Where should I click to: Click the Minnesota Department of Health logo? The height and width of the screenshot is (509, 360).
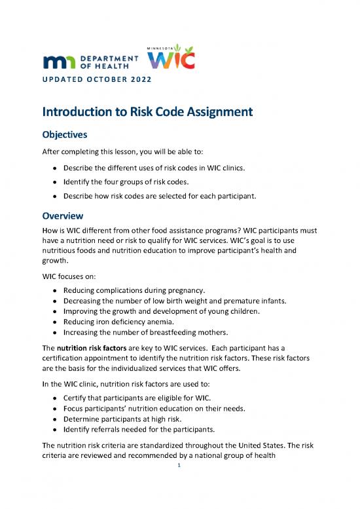(x=90, y=62)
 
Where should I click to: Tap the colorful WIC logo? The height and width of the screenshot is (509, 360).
(x=171, y=60)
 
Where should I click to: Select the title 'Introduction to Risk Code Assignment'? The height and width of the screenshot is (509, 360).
(x=147, y=112)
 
